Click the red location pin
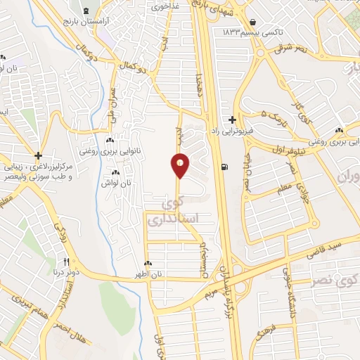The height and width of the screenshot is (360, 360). (180, 166)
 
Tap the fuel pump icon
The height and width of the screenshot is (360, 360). (224, 167)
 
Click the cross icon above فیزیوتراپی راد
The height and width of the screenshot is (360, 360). (233, 120)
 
